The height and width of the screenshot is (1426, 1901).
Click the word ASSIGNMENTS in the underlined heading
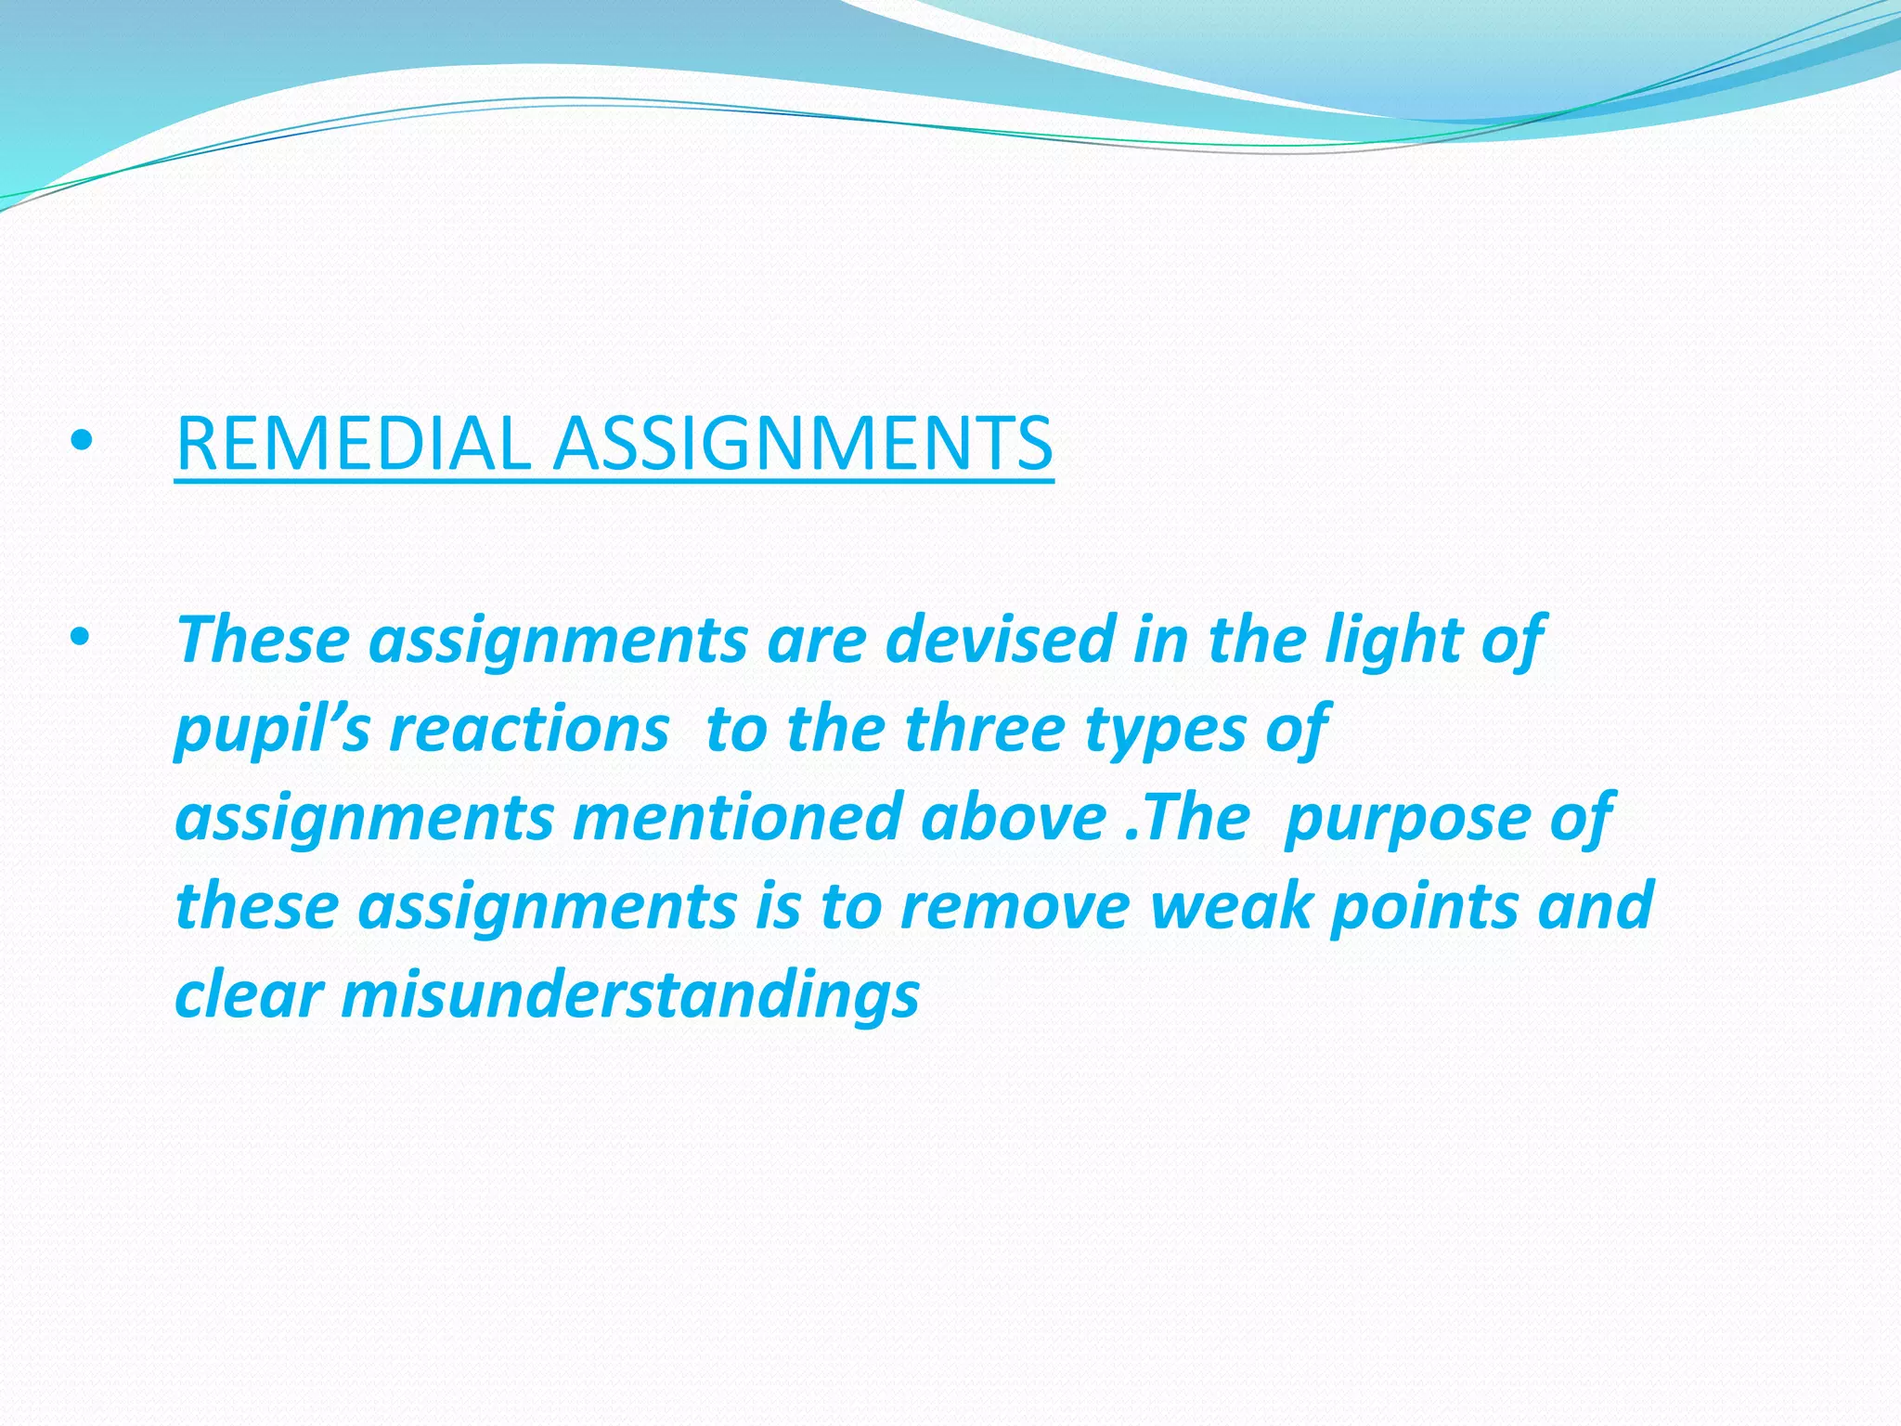pos(803,444)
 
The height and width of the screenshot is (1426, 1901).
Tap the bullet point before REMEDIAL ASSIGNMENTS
pos(82,444)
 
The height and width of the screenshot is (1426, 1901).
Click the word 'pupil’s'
pos(273,730)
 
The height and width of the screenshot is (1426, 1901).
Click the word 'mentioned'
pos(736,817)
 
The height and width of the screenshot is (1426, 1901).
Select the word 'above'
pos(1013,817)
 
